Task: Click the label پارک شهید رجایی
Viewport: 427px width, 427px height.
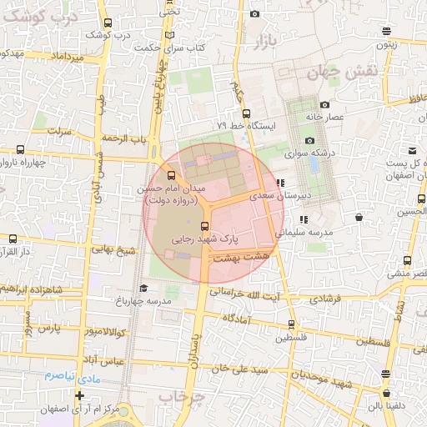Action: (x=203, y=238)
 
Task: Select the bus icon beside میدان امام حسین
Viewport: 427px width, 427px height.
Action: (x=172, y=176)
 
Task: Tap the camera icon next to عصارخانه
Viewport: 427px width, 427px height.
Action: (x=324, y=105)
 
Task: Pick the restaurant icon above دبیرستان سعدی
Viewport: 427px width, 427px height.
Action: (x=280, y=182)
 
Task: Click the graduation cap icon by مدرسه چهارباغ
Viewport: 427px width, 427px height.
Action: (x=143, y=289)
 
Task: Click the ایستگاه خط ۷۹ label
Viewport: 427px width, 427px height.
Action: (x=251, y=125)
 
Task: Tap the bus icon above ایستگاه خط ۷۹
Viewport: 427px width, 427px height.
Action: (x=246, y=113)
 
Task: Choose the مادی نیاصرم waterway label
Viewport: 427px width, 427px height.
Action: (x=65, y=376)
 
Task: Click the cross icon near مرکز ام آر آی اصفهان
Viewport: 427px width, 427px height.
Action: (x=79, y=395)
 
